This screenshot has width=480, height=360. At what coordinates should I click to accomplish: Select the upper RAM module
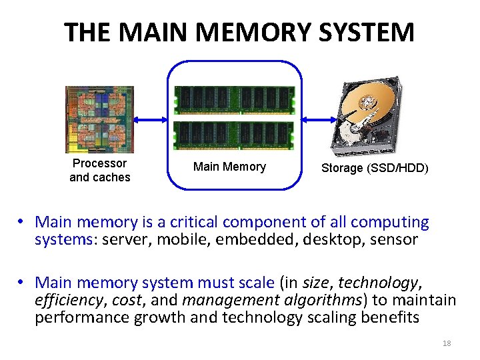click(234, 101)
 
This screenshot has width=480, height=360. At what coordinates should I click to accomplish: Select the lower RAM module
click(234, 135)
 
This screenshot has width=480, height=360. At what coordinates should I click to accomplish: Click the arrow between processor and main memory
click(151, 120)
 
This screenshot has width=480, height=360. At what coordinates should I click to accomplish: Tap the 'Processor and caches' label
click(100, 171)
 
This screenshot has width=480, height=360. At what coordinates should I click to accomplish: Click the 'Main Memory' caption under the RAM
click(229, 167)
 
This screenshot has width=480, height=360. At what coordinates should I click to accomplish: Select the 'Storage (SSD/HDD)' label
click(375, 168)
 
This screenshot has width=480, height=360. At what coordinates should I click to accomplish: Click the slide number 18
click(447, 343)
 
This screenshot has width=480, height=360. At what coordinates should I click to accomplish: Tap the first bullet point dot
click(22, 222)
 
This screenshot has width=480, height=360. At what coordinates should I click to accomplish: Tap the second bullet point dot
click(22, 283)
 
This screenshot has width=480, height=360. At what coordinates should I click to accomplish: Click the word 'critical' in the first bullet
click(195, 222)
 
